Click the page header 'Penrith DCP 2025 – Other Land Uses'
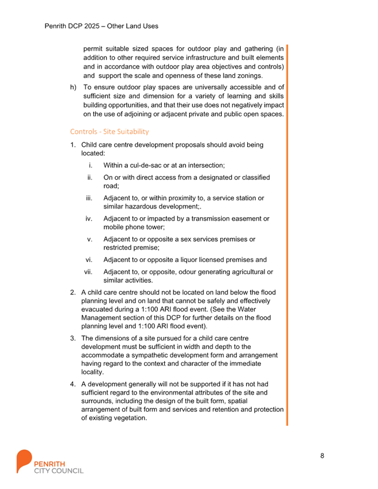[x=101, y=26]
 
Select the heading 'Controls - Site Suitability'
[x=109, y=132]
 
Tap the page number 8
[x=322, y=456]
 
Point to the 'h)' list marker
[x=73, y=87]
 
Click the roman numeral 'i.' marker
[x=90, y=165]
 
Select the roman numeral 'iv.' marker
[x=89, y=219]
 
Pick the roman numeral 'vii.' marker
[x=88, y=272]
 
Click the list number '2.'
[x=73, y=293]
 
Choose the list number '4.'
[x=73, y=384]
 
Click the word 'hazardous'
[x=135, y=206]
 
